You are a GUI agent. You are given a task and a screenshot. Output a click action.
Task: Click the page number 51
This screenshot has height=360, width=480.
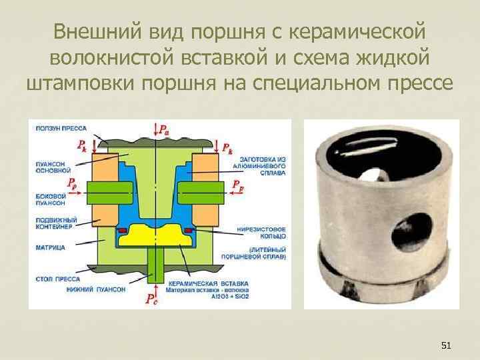pyautogui.click(x=447, y=345)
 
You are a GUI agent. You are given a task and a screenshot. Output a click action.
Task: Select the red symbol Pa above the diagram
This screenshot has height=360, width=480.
pyautogui.click(x=161, y=128)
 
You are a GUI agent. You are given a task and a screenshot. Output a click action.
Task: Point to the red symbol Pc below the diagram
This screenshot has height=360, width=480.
pyautogui.click(x=153, y=298)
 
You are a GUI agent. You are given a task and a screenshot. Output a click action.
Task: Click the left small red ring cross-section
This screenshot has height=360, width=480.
pyautogui.click(x=121, y=230)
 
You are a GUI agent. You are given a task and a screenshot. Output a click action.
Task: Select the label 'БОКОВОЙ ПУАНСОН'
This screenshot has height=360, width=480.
pyautogui.click(x=51, y=199)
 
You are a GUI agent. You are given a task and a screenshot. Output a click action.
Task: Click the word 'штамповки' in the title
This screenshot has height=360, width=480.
pyautogui.click(x=85, y=85)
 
